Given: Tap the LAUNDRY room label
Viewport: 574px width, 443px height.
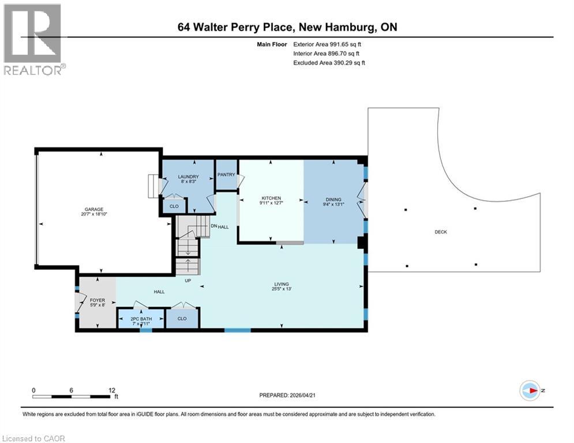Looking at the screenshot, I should [x=188, y=177].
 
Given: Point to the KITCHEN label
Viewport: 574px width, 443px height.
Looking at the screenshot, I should [x=271, y=198].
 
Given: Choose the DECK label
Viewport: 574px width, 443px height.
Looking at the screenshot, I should [x=441, y=232].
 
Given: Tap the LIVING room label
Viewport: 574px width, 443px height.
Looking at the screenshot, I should [x=281, y=283].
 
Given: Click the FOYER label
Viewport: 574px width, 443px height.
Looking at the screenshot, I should [x=96, y=301].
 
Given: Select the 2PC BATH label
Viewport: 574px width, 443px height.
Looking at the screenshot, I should [x=140, y=318].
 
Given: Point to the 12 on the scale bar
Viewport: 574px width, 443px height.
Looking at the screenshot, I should [x=111, y=390].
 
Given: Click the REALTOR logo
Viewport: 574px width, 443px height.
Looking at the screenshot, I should [x=34, y=39].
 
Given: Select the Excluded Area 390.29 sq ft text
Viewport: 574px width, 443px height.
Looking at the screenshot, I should [x=329, y=62].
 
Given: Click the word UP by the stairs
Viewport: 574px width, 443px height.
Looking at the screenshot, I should [x=187, y=281].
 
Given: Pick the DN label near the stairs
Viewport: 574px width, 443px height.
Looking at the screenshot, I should [x=213, y=227].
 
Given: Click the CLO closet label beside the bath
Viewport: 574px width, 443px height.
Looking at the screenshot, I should [x=182, y=318].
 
